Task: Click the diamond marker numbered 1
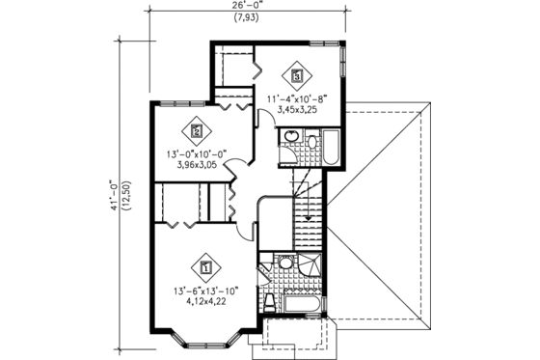204,261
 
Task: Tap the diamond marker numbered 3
296,73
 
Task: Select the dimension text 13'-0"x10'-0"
197,153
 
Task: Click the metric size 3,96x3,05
197,165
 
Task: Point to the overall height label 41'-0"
112,193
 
